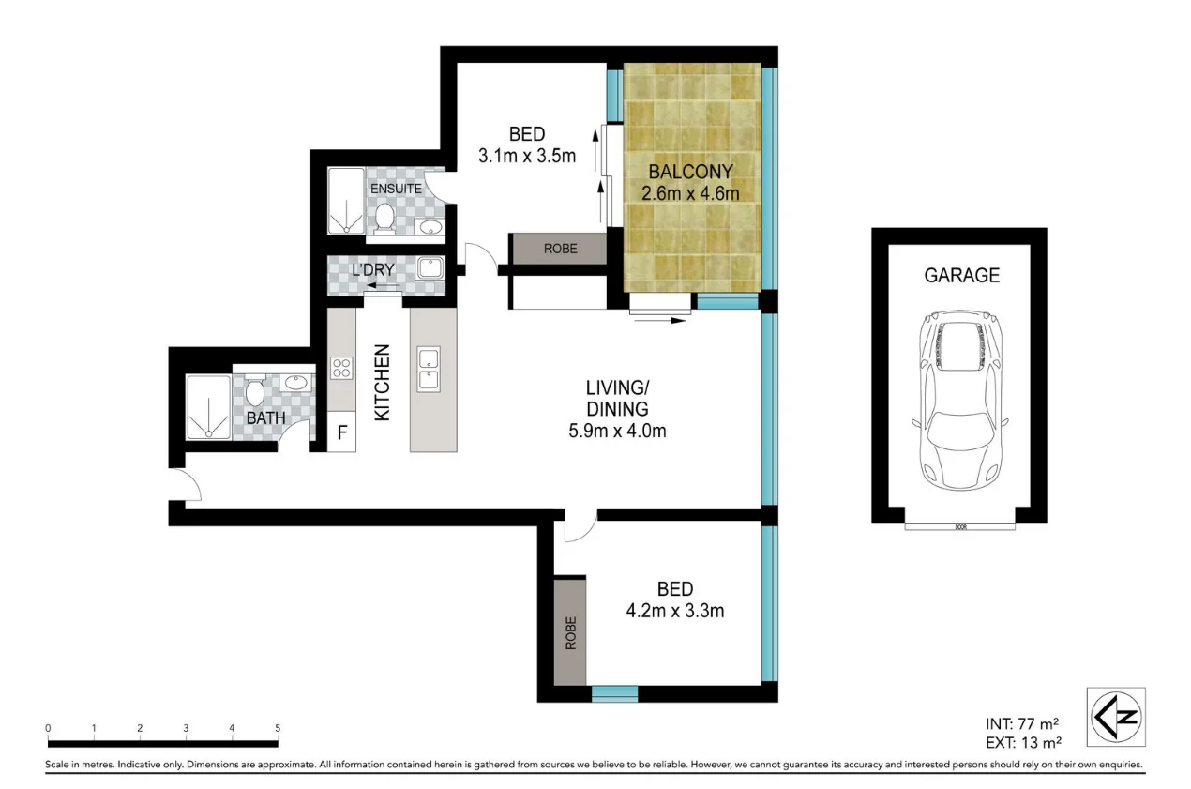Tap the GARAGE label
961,276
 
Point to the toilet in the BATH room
255,391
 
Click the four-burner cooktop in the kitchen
341,369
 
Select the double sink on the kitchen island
430,369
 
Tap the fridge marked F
342,434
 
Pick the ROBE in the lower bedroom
570,633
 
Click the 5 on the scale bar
278,728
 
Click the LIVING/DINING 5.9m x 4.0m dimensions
615,432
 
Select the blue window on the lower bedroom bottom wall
614,694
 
